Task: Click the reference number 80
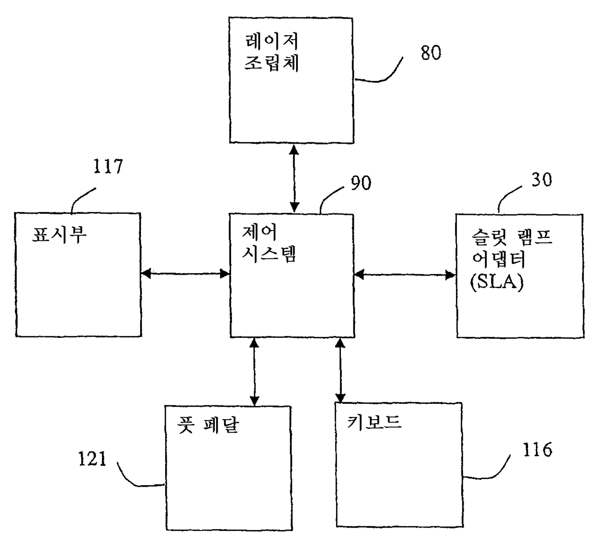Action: (430, 53)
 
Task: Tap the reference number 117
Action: (108, 167)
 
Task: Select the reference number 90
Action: (361, 183)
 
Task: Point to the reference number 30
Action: (541, 180)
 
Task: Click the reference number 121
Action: (92, 458)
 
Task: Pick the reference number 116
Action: (537, 450)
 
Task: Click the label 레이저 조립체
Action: (272, 52)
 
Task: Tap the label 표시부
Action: (59, 234)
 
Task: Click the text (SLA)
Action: (496, 281)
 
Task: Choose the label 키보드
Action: (374, 422)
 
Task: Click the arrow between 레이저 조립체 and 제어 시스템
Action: (294, 178)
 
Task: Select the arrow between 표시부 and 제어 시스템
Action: (185, 274)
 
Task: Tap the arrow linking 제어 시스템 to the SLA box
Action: (405, 275)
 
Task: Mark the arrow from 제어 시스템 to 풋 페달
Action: (254, 371)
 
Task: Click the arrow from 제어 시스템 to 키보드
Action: (340, 370)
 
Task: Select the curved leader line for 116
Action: (489, 473)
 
